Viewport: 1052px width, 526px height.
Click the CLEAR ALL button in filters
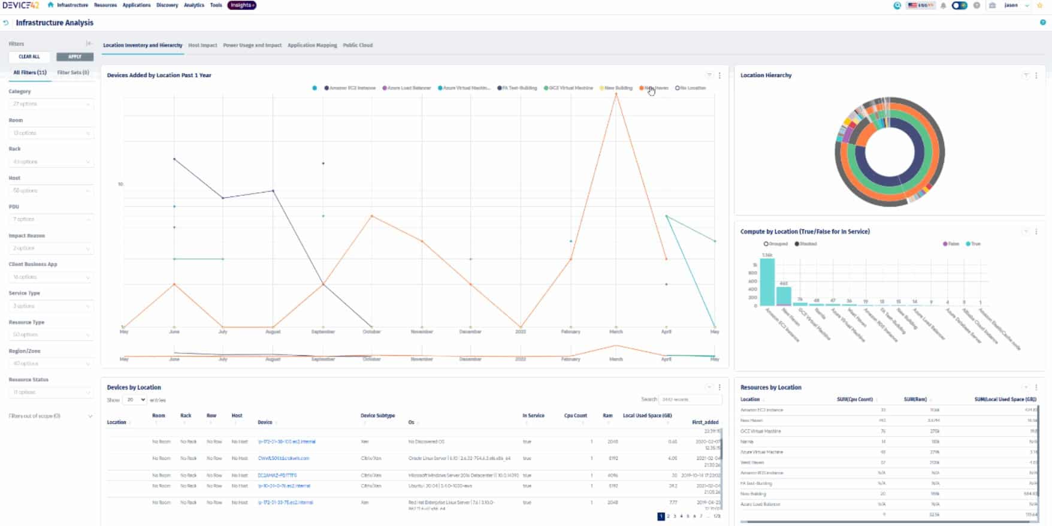coord(29,57)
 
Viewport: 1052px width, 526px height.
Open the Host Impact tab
coord(202,46)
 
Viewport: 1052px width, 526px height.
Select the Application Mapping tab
coord(312,46)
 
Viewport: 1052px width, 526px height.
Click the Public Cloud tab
coord(358,46)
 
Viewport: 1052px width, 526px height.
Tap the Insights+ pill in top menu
coord(241,5)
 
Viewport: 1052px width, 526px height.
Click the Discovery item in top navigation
coord(167,5)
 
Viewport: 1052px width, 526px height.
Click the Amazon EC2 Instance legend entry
coord(350,88)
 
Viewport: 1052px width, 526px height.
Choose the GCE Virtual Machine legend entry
coord(569,88)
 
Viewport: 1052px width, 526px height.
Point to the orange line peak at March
coord(616,94)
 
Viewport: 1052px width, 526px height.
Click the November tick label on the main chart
coord(422,332)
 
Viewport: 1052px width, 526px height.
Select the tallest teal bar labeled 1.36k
coord(767,282)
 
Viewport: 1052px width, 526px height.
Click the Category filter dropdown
coord(51,104)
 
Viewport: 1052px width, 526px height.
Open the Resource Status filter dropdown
coord(51,392)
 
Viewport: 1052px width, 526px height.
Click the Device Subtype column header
coord(377,416)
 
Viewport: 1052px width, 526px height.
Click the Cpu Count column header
coord(575,416)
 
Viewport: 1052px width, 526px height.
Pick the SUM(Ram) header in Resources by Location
coord(915,400)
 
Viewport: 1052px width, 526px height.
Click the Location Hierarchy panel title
coord(766,75)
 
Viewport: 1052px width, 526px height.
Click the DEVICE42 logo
coord(21,5)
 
